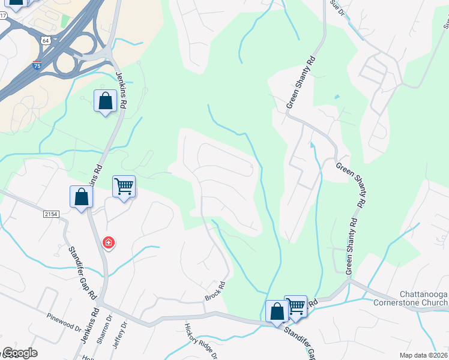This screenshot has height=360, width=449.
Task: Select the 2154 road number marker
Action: click(x=52, y=214)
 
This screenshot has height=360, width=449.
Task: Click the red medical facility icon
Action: click(x=109, y=242)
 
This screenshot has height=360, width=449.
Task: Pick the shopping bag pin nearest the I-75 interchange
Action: click(x=105, y=101)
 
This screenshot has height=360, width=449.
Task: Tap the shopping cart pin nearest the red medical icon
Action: click(x=124, y=187)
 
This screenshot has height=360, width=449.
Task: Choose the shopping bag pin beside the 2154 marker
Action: click(x=81, y=197)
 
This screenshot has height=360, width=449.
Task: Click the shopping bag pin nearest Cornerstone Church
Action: click(x=277, y=312)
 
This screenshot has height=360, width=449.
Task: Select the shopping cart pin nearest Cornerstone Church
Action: click(x=295, y=307)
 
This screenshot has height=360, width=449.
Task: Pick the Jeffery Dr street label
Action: click(x=125, y=333)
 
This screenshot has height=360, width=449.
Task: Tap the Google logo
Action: click(x=20, y=353)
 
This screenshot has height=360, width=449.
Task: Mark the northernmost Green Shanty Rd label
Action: click(x=300, y=83)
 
